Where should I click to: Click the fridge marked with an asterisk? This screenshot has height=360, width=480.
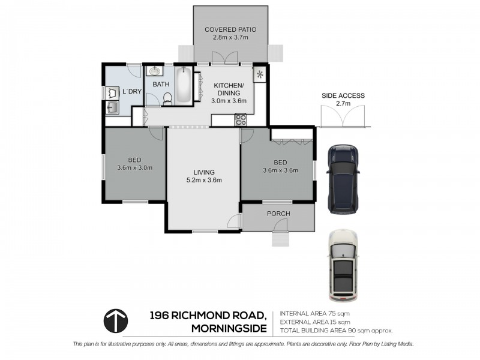click(260, 74)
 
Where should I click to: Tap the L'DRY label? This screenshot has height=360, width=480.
click(131, 92)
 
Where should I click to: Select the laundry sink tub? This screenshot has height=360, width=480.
click(112, 108)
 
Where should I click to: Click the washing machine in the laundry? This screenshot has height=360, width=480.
click(112, 93)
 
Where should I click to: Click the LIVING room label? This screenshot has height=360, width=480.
click(203, 172)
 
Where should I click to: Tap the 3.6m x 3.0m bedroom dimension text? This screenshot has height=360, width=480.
click(134, 167)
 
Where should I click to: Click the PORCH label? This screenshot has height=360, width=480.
click(279, 214)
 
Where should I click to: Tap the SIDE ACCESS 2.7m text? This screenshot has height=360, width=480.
click(343, 100)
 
